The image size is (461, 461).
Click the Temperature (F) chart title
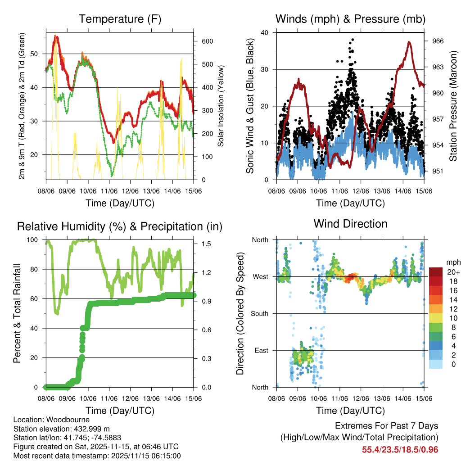pyautogui.click(x=120, y=19)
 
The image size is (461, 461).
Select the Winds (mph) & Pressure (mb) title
pyautogui.click(x=350, y=19)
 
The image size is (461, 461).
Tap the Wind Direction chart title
pyautogui.click(x=350, y=223)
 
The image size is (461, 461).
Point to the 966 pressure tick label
pyautogui.click(x=438, y=41)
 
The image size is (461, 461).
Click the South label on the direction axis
pyautogui.click(x=260, y=313)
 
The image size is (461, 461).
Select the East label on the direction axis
pyautogui.click(x=262, y=350)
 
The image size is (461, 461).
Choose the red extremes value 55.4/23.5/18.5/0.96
pyautogui.click(x=400, y=449)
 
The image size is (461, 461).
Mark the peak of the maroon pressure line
pyautogui.click(x=409, y=42)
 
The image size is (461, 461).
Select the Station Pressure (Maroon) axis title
pyautogui.click(x=453, y=106)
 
